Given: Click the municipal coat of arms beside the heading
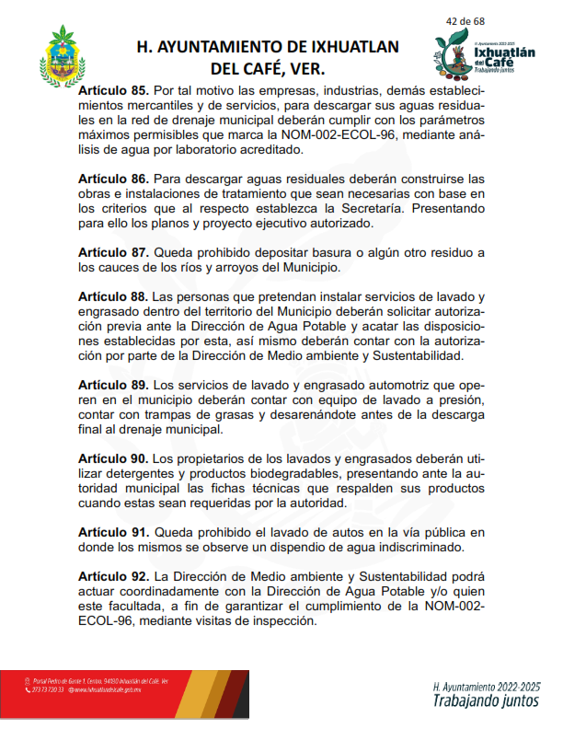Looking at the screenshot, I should tap(65, 62).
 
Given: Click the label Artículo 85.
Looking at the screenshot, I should tap(113, 92).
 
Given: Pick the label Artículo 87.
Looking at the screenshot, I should tap(113, 251).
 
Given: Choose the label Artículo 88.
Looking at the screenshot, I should tap(113, 297).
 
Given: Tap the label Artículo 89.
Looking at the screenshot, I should tap(113, 384).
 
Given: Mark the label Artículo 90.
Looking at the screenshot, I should tap(113, 458).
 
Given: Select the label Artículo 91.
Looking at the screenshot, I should tap(113, 532).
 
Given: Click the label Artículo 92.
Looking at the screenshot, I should tap(113, 576).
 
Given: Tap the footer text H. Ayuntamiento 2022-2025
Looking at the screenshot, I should tap(486, 687).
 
